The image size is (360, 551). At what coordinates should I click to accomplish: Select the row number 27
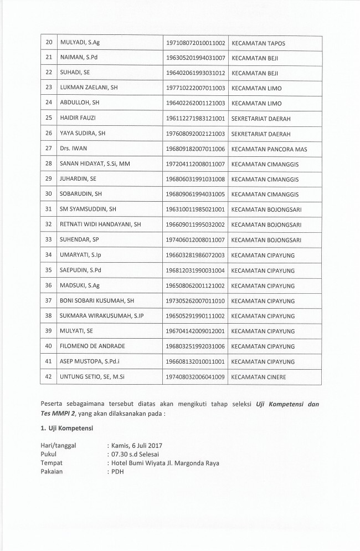(x=48, y=149)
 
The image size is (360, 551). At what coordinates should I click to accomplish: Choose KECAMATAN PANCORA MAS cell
(x=269, y=149)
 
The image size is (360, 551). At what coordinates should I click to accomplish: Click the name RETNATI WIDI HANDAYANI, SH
(x=100, y=225)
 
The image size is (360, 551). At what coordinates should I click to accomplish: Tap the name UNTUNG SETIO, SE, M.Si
(x=92, y=376)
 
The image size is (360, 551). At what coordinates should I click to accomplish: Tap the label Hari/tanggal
(x=58, y=445)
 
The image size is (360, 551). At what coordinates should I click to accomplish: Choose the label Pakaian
(x=53, y=472)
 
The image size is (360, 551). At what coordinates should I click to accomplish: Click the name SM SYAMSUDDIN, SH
(x=88, y=210)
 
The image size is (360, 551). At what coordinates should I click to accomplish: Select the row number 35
(x=48, y=270)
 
